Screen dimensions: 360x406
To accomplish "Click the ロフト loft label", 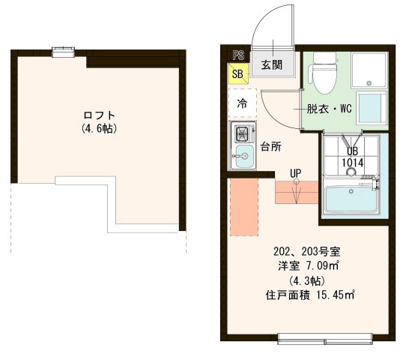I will [99, 115].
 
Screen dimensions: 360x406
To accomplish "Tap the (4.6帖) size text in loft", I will [99, 128].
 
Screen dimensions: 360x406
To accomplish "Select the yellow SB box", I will [237, 73].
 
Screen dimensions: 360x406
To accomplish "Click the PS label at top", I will [237, 55].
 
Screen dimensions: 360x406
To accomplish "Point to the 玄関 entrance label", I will [271, 64].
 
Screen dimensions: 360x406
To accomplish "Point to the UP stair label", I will [296, 174].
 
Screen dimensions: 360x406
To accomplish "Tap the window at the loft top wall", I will [64, 52].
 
